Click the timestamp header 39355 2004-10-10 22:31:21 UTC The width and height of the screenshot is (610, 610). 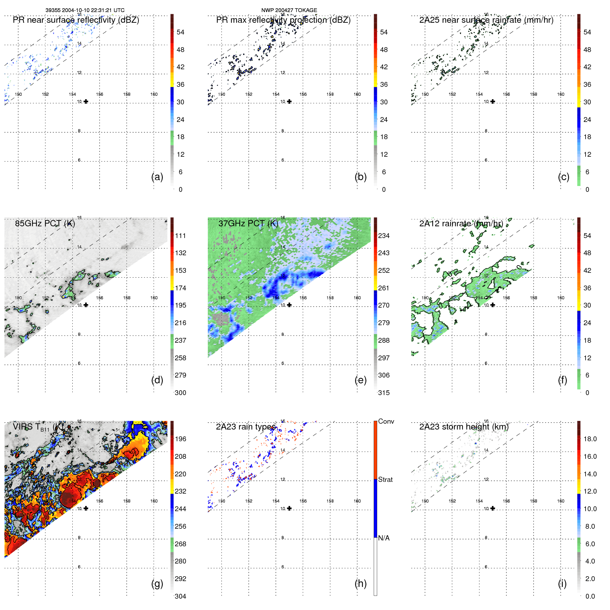(x=85, y=10)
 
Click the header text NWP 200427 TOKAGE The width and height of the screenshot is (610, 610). (x=289, y=10)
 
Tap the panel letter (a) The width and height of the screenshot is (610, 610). (x=157, y=177)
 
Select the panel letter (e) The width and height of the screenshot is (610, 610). (x=360, y=380)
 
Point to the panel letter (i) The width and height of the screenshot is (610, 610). (x=562, y=583)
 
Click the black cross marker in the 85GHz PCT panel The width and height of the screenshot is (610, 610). (x=86, y=305)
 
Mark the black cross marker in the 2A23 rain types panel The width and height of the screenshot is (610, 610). (x=289, y=508)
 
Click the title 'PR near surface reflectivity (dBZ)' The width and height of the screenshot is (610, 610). (x=76, y=20)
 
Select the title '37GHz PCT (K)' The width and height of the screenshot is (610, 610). (x=248, y=224)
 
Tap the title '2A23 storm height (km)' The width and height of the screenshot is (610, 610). (x=464, y=427)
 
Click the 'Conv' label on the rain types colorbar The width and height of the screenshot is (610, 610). (x=386, y=421)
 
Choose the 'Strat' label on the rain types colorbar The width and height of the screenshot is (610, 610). (x=385, y=479)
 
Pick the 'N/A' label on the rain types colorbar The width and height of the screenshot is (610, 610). (x=384, y=538)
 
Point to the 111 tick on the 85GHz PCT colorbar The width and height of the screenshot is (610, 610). (x=180, y=236)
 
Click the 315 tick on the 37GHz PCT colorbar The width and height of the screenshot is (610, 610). (x=384, y=393)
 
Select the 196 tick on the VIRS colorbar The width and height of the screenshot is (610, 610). (x=180, y=439)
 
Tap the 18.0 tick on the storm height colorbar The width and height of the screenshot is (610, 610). (x=590, y=439)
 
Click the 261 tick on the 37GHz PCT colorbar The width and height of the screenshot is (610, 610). (x=384, y=288)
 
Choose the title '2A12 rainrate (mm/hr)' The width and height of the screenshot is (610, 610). (x=461, y=224)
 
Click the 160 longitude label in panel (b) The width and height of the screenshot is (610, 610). (x=357, y=94)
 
